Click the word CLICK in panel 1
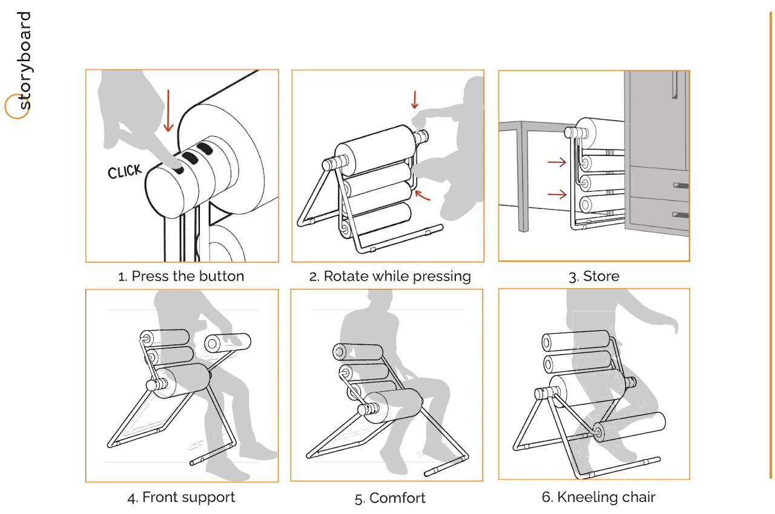[124, 172]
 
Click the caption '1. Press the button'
[182, 276]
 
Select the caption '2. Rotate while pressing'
[390, 276]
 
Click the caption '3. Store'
[594, 276]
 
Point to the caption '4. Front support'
[182, 498]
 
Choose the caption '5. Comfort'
[390, 498]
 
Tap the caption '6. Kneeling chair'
[598, 497]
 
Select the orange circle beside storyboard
[16, 107]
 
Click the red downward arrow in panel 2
[415, 100]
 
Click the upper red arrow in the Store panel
[556, 162]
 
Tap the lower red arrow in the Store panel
[556, 194]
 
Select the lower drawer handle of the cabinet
[681, 214]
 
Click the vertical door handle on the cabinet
[673, 85]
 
